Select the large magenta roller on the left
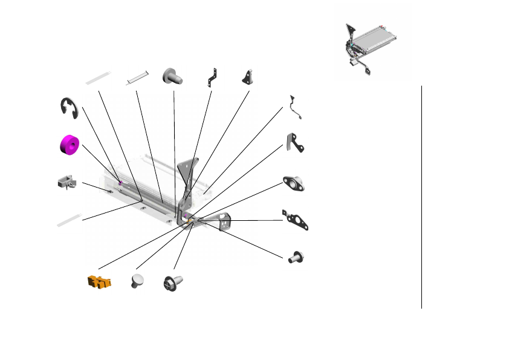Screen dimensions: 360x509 [x=69, y=145]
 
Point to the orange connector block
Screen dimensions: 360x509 [x=98, y=282]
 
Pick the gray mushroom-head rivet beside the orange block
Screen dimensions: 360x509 [x=138, y=281]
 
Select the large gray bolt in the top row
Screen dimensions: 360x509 [x=173, y=76]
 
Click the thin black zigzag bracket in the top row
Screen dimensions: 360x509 [x=212, y=77]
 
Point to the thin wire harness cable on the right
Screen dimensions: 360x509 [x=296, y=107]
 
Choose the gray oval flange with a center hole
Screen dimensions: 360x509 [x=294, y=183]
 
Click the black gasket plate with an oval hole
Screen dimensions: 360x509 [x=296, y=220]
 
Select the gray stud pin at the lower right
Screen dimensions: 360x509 [x=296, y=256]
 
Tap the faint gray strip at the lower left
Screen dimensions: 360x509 [x=68, y=220]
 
